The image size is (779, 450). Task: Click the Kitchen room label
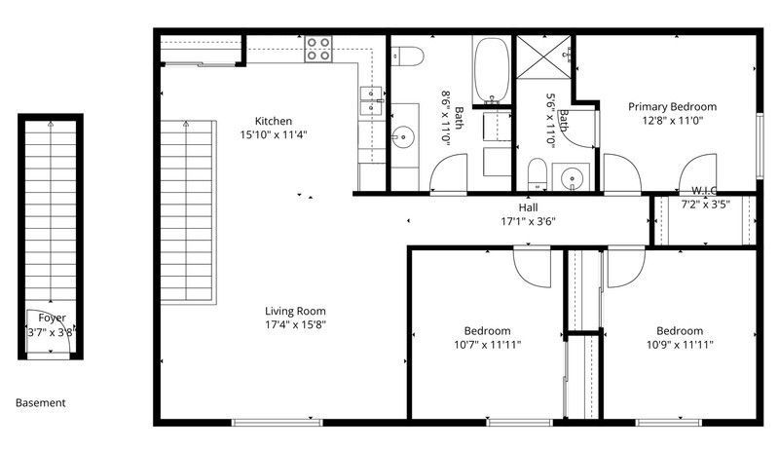point(274,121)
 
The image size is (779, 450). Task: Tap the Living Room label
point(295,311)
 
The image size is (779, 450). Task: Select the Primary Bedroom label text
point(672,106)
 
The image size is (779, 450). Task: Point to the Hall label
point(528,207)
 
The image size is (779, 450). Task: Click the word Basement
point(40,403)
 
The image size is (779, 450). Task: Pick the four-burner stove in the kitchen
point(318,49)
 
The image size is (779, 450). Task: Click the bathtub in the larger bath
point(492,70)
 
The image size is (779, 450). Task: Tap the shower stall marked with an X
point(545,56)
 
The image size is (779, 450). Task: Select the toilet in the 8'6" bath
point(407,56)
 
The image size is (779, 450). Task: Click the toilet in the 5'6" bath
point(538,174)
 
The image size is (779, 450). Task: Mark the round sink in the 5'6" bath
point(572,177)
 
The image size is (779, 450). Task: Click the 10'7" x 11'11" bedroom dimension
point(488,345)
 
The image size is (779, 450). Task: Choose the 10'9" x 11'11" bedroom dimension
point(680,345)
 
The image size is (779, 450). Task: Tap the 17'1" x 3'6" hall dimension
point(528,221)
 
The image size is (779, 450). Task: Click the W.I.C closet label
point(704,191)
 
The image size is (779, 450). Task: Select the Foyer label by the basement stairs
point(53,318)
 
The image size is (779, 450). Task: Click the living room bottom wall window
point(278,423)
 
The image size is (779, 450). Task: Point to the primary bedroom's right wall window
point(760,145)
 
